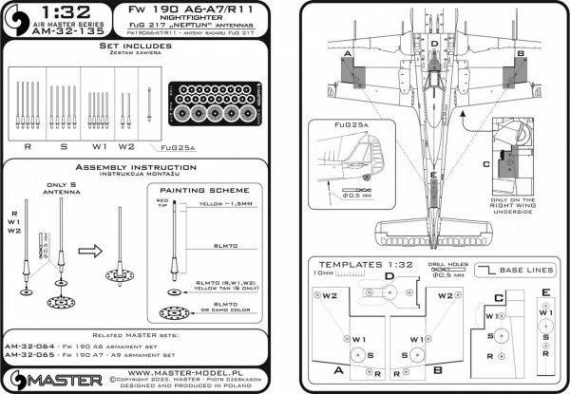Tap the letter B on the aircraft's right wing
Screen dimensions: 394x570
522,55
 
